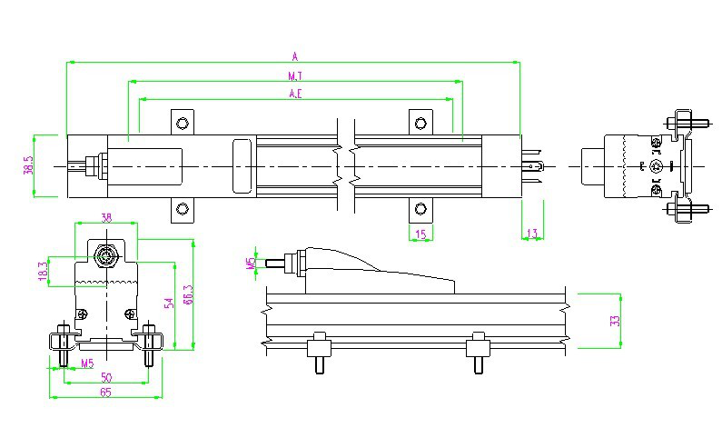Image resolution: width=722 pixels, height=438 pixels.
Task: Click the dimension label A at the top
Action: click(x=294, y=55)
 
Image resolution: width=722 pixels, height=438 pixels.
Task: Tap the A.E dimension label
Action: click(x=295, y=94)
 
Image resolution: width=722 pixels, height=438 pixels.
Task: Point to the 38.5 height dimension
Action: click(x=28, y=165)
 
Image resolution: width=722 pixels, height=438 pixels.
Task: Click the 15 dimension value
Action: click(x=420, y=234)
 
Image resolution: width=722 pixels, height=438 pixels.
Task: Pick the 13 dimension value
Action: click(x=531, y=234)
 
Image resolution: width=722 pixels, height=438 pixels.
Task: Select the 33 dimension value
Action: click(x=615, y=321)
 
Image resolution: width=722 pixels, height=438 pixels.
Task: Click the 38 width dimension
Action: click(x=106, y=217)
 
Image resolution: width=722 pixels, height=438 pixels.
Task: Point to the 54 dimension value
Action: click(x=168, y=304)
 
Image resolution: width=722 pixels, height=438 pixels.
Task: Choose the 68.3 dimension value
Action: click(x=186, y=295)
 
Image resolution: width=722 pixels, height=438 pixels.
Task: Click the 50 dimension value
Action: click(x=106, y=376)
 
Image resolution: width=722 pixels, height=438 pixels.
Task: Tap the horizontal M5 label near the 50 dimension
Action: click(x=87, y=363)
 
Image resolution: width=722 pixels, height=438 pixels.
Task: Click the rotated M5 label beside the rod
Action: click(x=251, y=264)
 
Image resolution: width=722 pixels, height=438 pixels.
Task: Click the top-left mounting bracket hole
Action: click(x=183, y=123)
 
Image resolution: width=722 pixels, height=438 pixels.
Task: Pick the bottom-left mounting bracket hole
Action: click(x=183, y=211)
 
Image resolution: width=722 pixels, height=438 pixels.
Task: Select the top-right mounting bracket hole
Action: click(x=420, y=123)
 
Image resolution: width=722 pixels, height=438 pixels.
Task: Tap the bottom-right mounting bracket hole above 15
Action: click(x=420, y=211)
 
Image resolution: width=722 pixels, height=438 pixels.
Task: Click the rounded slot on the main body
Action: click(x=242, y=165)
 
